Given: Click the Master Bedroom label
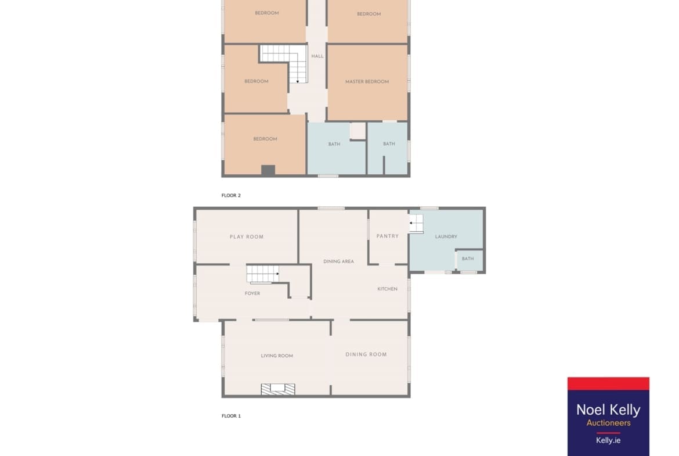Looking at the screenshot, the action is [x=367, y=81].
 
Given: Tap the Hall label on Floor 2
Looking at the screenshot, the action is [x=317, y=56].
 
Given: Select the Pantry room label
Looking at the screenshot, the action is [x=388, y=236].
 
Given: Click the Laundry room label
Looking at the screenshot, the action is [x=446, y=236].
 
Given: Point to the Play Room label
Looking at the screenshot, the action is [x=247, y=236].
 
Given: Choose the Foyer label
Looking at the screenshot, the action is [x=252, y=293].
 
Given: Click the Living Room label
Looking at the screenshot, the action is [x=277, y=356].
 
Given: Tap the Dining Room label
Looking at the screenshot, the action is [x=366, y=354].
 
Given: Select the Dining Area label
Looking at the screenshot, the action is [x=339, y=261].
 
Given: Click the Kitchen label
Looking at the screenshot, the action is [x=387, y=289].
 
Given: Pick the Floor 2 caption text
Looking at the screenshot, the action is [x=231, y=196].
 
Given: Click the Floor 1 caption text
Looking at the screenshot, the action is [x=231, y=416].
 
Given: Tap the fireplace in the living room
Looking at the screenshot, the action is [x=278, y=389].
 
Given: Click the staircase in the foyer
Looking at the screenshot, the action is [x=263, y=274].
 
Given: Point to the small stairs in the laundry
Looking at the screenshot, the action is [x=416, y=224].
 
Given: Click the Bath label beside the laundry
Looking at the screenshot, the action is [x=468, y=258].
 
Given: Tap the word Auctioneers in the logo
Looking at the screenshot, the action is [x=608, y=423].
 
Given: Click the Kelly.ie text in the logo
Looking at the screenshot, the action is [x=608, y=440].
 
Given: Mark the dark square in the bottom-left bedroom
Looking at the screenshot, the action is [x=268, y=170].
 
